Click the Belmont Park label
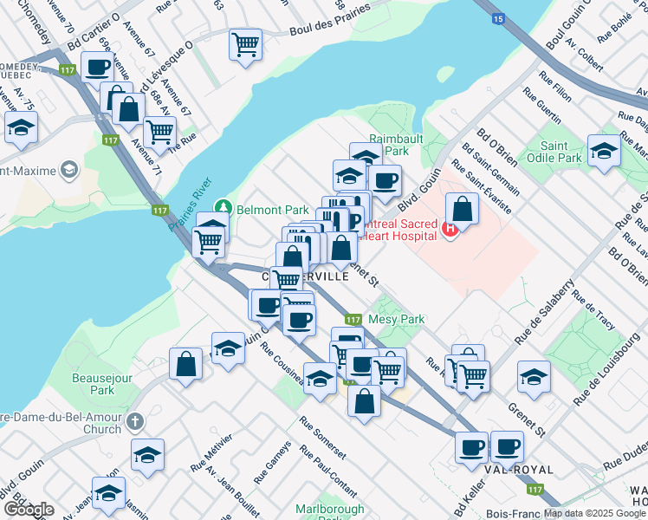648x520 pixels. click(x=273, y=210)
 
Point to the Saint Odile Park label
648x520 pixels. click(x=561, y=152)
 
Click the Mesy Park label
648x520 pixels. click(x=396, y=319)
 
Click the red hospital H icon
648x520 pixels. click(x=449, y=230)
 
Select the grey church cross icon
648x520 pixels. click(x=133, y=421)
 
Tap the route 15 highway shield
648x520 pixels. click(x=497, y=17)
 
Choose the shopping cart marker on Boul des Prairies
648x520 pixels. click(x=246, y=43)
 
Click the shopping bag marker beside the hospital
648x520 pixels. click(x=463, y=209)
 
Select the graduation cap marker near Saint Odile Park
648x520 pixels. click(x=604, y=150)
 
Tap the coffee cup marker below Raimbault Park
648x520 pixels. click(x=385, y=180)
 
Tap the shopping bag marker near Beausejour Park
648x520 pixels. click(x=186, y=364)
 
